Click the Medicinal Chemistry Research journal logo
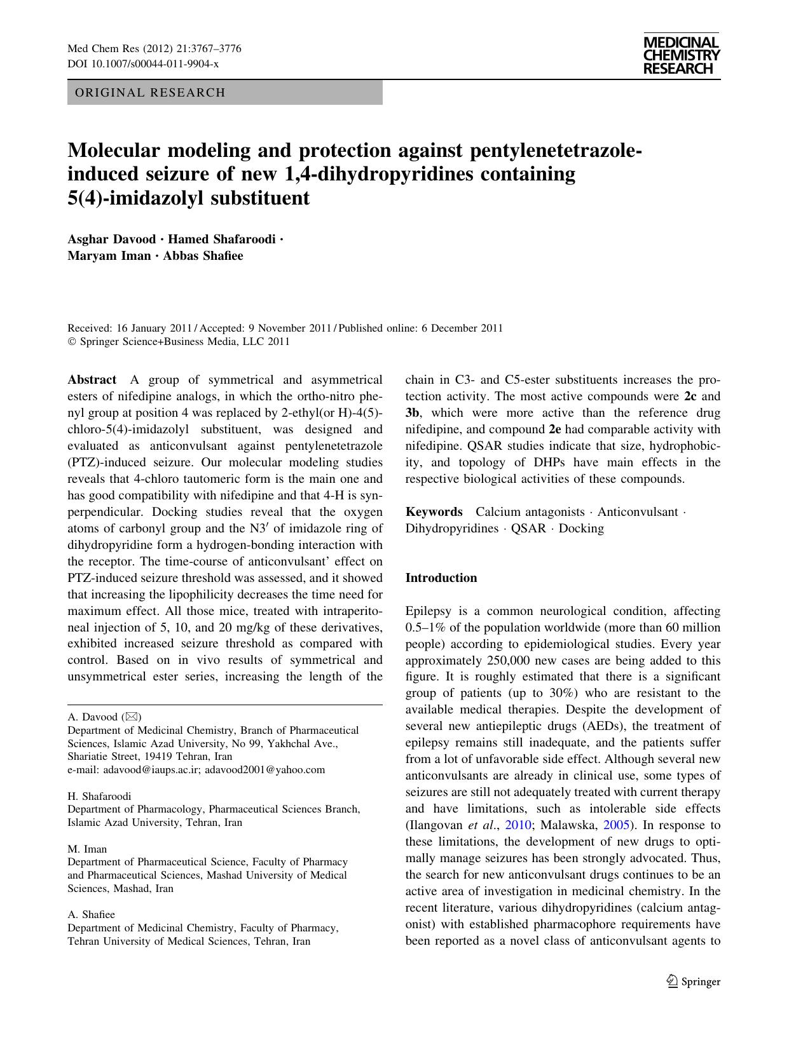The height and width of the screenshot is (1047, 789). (681, 55)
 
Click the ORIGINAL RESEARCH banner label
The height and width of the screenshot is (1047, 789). (150, 93)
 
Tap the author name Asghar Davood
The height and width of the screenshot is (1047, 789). (111, 240)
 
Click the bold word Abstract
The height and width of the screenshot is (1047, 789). (92, 380)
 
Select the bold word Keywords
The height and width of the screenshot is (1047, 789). (434, 512)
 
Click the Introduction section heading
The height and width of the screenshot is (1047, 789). (441, 578)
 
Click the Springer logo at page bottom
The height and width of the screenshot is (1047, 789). (693, 982)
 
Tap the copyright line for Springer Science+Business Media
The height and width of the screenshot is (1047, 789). (179, 342)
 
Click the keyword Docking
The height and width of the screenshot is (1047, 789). (581, 529)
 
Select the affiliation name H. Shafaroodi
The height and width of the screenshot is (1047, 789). (100, 796)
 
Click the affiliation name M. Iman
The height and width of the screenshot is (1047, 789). (87, 849)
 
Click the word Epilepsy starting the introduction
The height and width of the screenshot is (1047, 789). (429, 611)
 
